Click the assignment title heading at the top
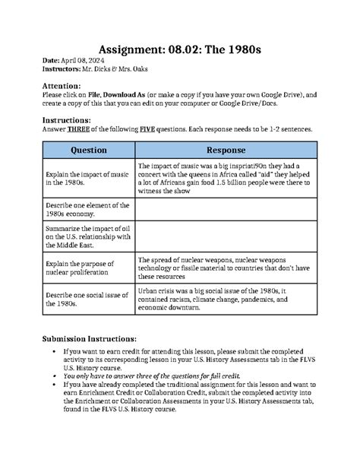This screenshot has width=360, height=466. click(180, 47)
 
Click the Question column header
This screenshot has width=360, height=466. click(88, 151)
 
